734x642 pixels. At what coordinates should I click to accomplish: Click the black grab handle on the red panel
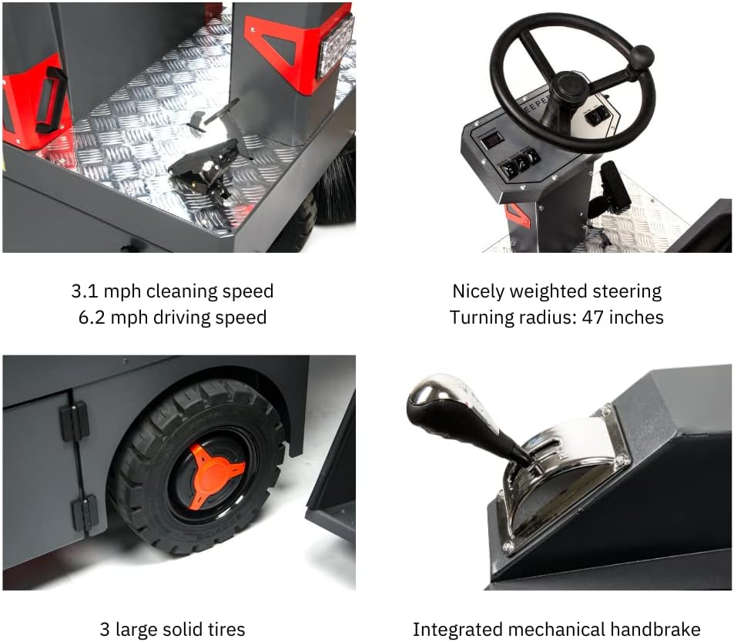(x=51, y=99)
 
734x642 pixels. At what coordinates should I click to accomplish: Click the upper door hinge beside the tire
(x=75, y=421)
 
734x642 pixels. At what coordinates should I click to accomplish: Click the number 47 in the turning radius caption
(x=595, y=317)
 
